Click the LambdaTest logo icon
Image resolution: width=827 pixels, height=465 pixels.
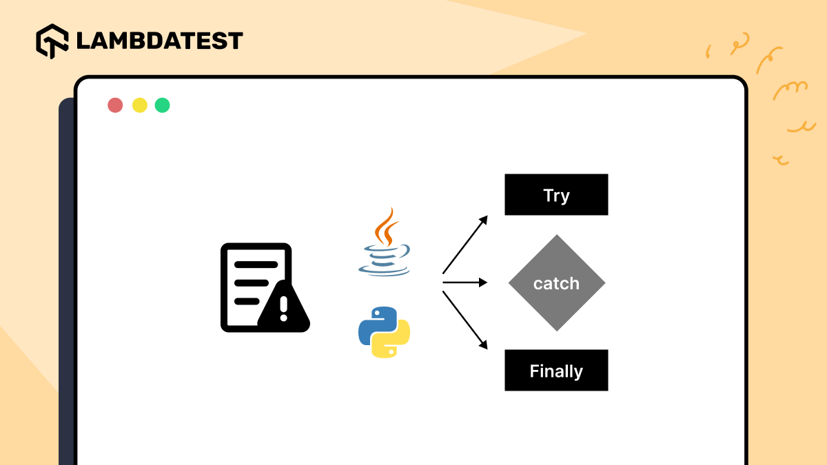point(52,41)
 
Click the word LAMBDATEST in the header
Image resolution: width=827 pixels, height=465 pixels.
point(159,41)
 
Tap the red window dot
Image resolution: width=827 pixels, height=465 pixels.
point(115,105)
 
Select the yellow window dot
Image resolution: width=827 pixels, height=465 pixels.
point(139,105)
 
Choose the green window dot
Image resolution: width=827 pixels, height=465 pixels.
point(162,105)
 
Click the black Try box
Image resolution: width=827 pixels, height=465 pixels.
point(556,195)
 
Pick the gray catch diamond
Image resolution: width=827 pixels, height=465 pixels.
point(556,283)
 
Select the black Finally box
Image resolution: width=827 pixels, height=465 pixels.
point(556,371)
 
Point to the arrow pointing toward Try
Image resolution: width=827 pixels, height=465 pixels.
point(465,244)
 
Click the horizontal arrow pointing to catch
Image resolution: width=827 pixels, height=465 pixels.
point(465,282)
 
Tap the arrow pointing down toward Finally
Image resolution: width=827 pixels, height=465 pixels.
point(465,320)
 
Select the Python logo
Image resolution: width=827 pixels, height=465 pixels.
point(384,332)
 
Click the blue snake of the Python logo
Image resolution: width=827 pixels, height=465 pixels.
point(374,322)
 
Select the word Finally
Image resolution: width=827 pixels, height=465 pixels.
point(556,371)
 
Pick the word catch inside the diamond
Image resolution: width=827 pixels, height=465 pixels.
point(556,283)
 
